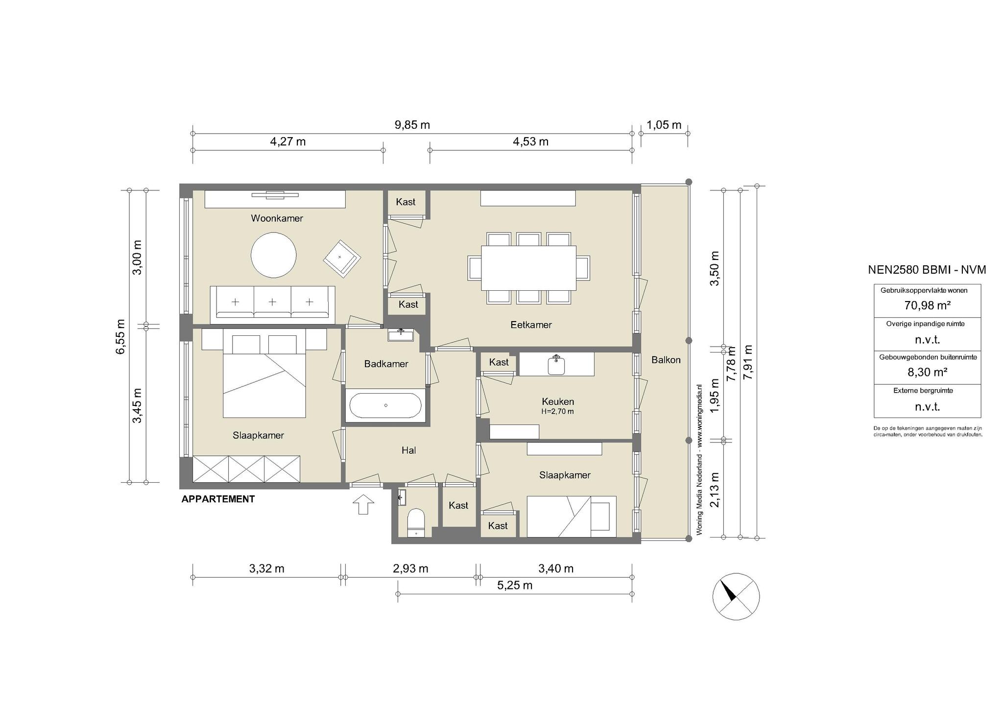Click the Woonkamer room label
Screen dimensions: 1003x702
click(x=277, y=218)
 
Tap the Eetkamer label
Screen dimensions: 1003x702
click(x=531, y=325)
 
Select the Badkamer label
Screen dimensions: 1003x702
click(x=386, y=364)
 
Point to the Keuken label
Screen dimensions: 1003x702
click(x=558, y=401)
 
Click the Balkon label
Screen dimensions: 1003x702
click(x=666, y=360)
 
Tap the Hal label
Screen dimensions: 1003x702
click(x=409, y=450)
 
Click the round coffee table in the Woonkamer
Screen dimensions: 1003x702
click(x=273, y=255)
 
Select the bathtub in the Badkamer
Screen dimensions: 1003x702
click(x=385, y=405)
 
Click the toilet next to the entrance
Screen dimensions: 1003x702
click(x=416, y=523)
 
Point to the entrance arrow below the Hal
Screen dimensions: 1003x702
click(x=363, y=505)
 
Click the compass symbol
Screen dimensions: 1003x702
click(x=736, y=596)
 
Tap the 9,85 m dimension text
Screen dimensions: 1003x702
click(x=412, y=125)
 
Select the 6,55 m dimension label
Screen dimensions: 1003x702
click(x=120, y=336)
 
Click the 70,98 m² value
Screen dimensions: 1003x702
click(x=927, y=305)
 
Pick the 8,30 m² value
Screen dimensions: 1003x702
click(x=927, y=372)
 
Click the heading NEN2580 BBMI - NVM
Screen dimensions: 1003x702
click(x=927, y=270)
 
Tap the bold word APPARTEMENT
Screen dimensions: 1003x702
click(x=218, y=499)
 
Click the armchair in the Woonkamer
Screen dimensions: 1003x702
click(x=342, y=257)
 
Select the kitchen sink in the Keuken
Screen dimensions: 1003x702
click(x=556, y=365)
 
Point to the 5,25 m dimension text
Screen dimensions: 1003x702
click(x=515, y=585)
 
